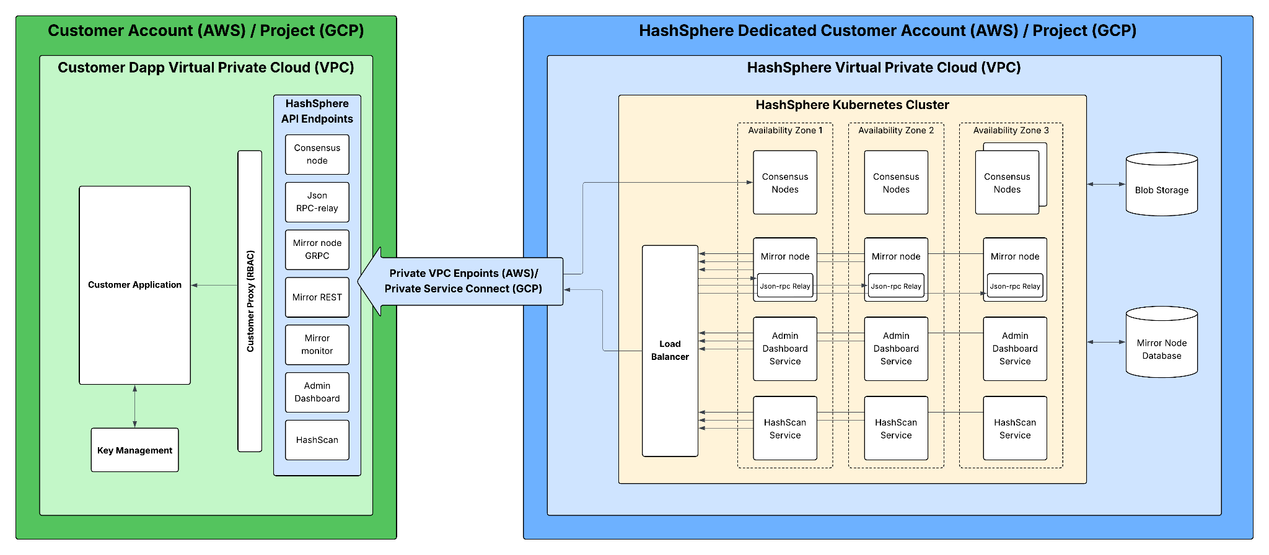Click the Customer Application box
(134, 285)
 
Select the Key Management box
(134, 450)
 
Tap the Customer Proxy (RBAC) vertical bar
(250, 301)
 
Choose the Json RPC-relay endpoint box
(317, 202)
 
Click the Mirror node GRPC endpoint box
(317, 250)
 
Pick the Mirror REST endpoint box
(317, 297)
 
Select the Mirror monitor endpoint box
(317, 344)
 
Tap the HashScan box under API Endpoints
(317, 440)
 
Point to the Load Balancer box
(670, 351)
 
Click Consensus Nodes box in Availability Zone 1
(784, 183)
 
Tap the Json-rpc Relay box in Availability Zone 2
(895, 286)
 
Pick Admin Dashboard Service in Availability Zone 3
(1014, 349)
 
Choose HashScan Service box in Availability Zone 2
(895, 429)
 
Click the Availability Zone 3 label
(1011, 131)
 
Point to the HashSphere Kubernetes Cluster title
(852, 105)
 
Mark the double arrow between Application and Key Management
(134, 406)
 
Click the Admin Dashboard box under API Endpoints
(317, 392)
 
